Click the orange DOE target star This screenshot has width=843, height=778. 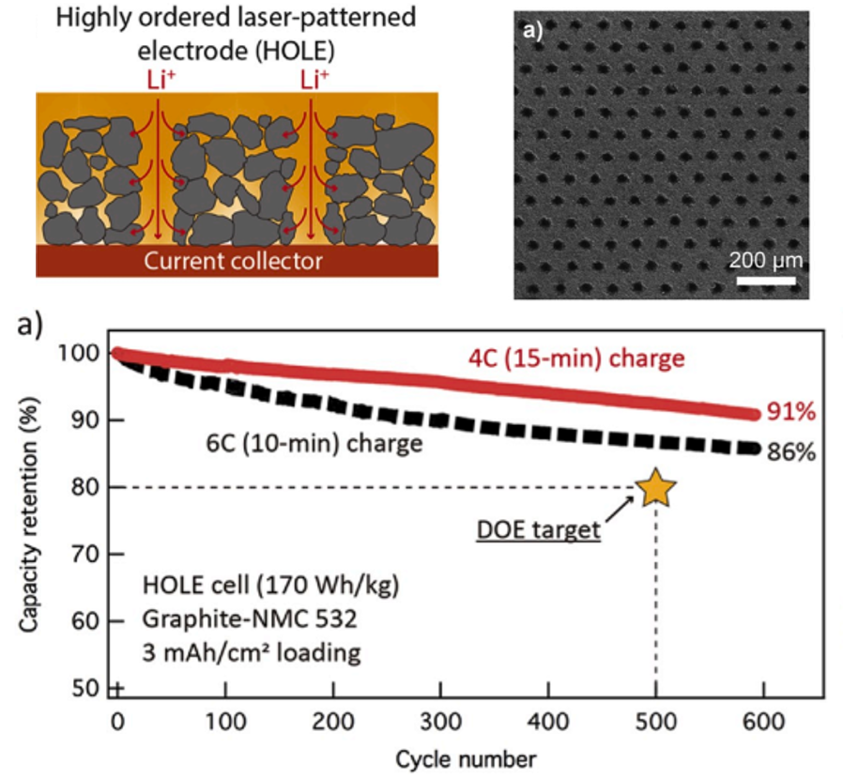[655, 488]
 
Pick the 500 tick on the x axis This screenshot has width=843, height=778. [655, 724]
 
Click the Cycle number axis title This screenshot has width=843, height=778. [466, 757]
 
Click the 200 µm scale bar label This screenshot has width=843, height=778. [766, 258]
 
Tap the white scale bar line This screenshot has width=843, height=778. [766, 281]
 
